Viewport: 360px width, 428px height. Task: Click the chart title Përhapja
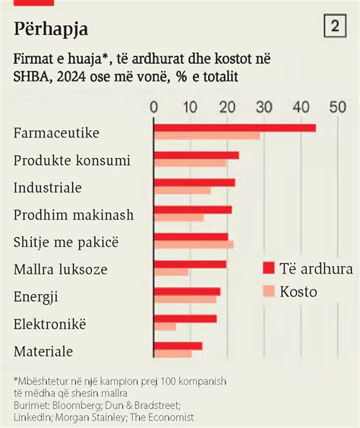pos(51,30)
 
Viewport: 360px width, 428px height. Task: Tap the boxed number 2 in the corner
pos(335,27)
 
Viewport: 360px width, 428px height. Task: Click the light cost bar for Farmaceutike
pos(207,136)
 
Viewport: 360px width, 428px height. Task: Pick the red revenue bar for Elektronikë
pos(185,319)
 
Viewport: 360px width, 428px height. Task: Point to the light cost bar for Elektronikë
pos(165,327)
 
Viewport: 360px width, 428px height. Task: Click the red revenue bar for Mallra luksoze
pos(190,264)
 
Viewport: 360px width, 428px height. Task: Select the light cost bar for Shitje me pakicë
pos(194,245)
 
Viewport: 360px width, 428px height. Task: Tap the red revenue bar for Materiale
pos(178,346)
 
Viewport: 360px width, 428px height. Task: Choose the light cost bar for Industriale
pos(182,190)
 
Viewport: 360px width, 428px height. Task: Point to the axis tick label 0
pos(154,107)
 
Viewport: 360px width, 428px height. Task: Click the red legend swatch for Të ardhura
pos(267,268)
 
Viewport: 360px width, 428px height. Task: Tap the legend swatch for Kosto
pos(267,291)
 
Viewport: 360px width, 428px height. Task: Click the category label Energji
pos(36,297)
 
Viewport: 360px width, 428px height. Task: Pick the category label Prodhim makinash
pos(74,215)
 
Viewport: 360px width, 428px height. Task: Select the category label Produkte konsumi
pos(72,160)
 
